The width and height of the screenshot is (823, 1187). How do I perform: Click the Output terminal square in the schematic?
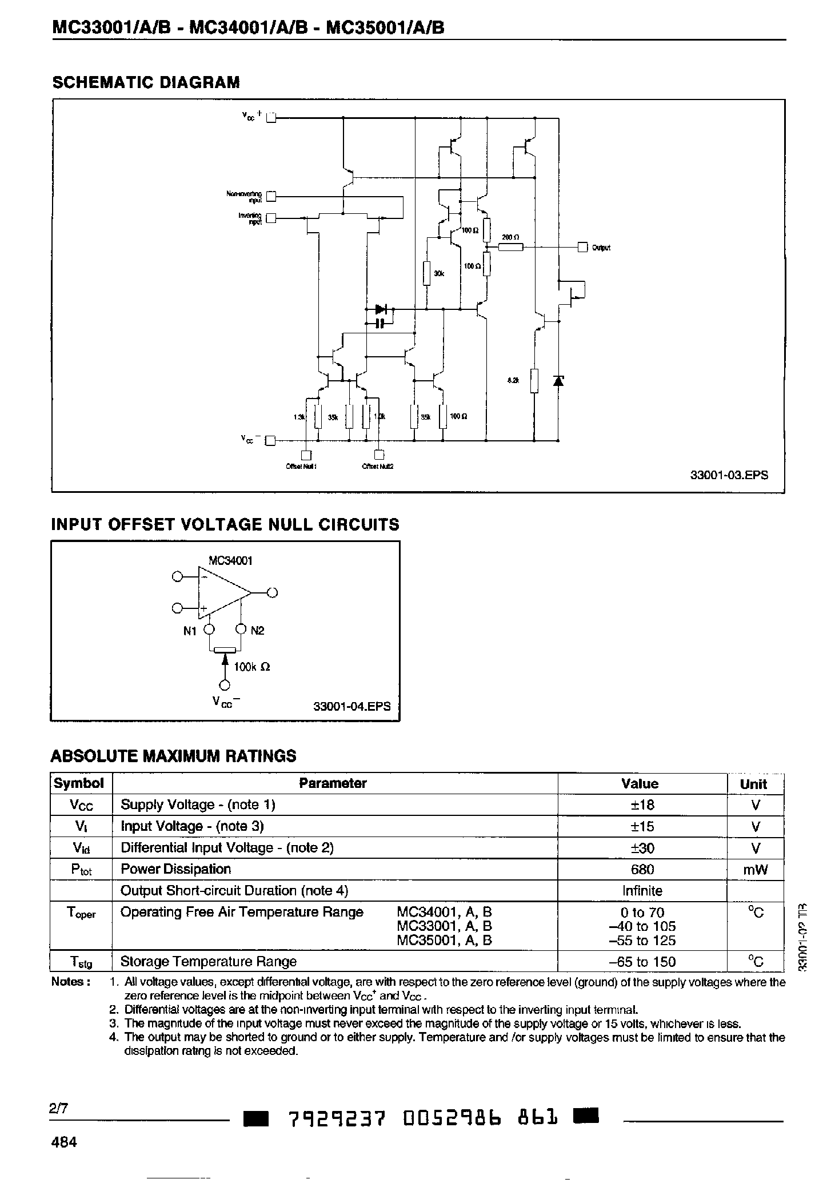coord(582,247)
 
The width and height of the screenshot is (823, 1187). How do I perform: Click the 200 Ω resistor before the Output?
coord(510,247)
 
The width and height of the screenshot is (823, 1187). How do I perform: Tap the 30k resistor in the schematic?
coord(426,273)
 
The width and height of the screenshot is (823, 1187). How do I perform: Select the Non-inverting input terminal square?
coord(271,196)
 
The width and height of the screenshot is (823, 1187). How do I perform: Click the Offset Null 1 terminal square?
coord(306,455)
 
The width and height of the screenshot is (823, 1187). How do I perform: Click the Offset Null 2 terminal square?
coord(378,455)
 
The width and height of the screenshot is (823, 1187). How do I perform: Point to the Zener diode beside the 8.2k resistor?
coord(558,380)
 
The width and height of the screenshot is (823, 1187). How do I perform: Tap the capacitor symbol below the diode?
coord(380,324)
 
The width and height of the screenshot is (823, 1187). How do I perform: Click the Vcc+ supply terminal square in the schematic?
coord(271,118)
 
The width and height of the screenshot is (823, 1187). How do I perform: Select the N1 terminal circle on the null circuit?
coord(210,630)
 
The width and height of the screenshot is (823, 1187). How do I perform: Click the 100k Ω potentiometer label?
coord(251,667)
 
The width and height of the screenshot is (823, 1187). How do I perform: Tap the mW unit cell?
coord(755,870)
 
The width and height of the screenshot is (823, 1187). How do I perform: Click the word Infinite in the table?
coord(642,891)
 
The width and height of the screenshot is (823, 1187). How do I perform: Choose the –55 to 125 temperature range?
coord(642,941)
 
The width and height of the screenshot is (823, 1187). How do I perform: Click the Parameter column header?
coord(333,783)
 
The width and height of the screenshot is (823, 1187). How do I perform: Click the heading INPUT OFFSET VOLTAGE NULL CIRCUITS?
coord(225,524)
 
